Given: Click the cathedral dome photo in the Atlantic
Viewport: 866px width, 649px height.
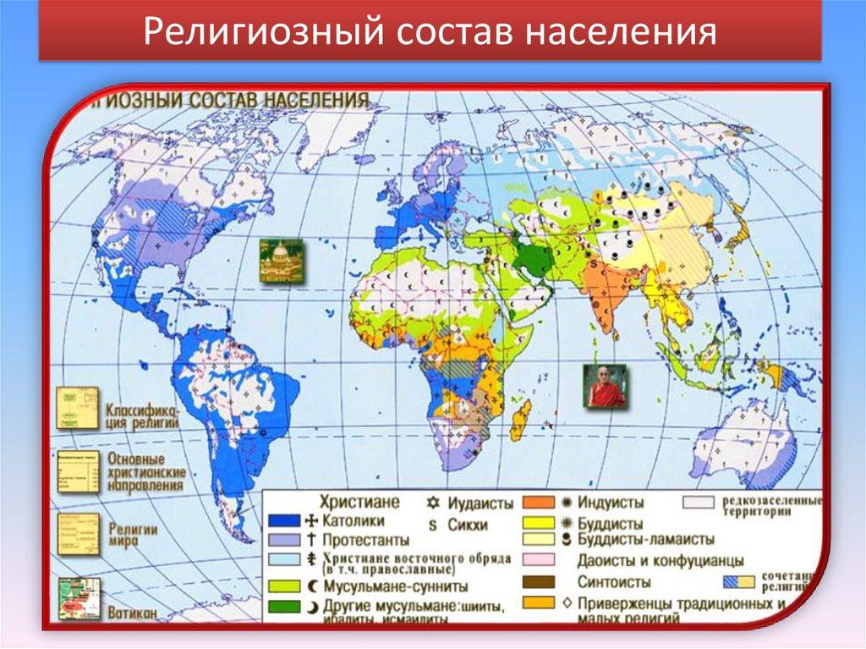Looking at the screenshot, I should click(281, 259).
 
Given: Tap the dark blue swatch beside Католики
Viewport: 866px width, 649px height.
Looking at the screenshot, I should click(284, 520).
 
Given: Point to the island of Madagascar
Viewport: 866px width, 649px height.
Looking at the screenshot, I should click(521, 419).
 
